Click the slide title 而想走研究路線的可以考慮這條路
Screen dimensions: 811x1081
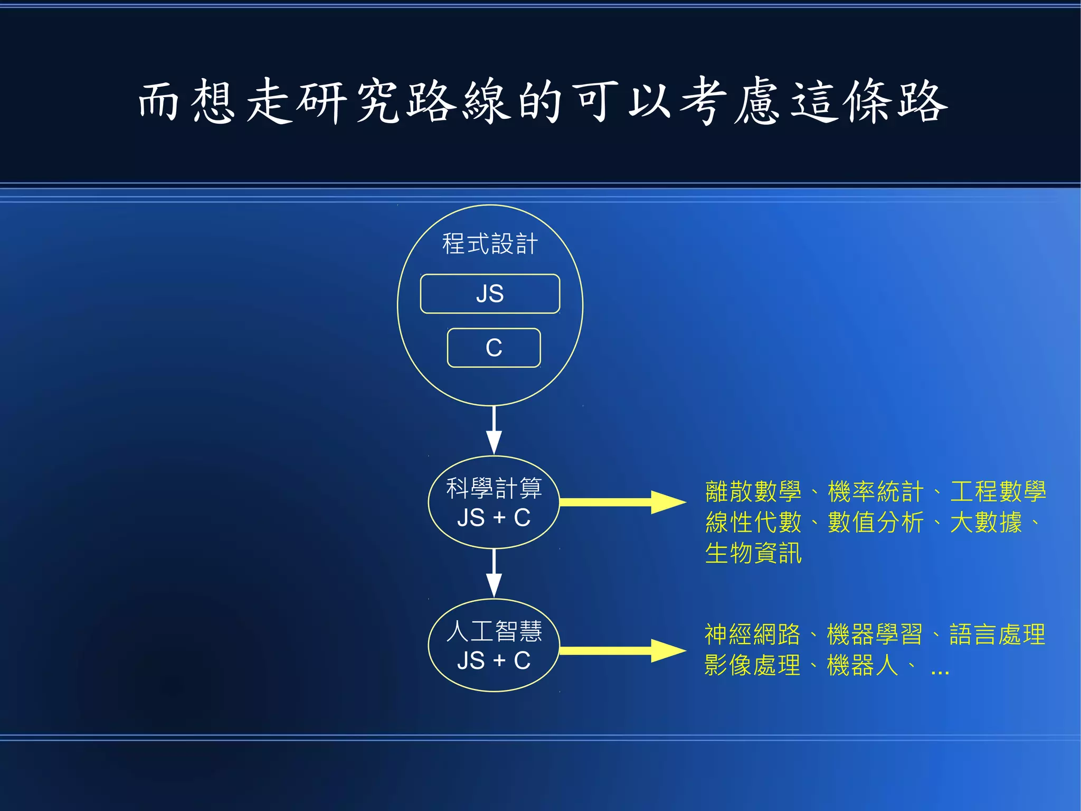543,101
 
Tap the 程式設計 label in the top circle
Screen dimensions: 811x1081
490,244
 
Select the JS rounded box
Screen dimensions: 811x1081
490,294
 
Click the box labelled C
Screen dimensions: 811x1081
494,348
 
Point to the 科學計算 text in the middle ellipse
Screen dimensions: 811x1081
494,488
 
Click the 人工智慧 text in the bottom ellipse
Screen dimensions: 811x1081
494,631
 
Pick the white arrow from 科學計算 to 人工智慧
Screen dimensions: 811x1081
494,573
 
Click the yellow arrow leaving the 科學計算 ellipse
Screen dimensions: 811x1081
623,502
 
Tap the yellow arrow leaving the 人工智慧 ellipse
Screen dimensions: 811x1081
623,650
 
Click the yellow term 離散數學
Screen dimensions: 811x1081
753,492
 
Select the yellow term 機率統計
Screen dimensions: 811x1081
876,492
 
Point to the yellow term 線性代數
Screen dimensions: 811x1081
753,523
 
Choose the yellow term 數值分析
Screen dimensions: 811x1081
876,523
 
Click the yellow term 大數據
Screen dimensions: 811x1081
986,523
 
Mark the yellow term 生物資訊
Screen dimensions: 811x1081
753,553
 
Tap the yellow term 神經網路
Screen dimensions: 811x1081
752,635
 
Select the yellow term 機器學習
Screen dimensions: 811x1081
875,635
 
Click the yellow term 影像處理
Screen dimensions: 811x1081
752,665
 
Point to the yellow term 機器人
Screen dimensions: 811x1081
862,665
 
